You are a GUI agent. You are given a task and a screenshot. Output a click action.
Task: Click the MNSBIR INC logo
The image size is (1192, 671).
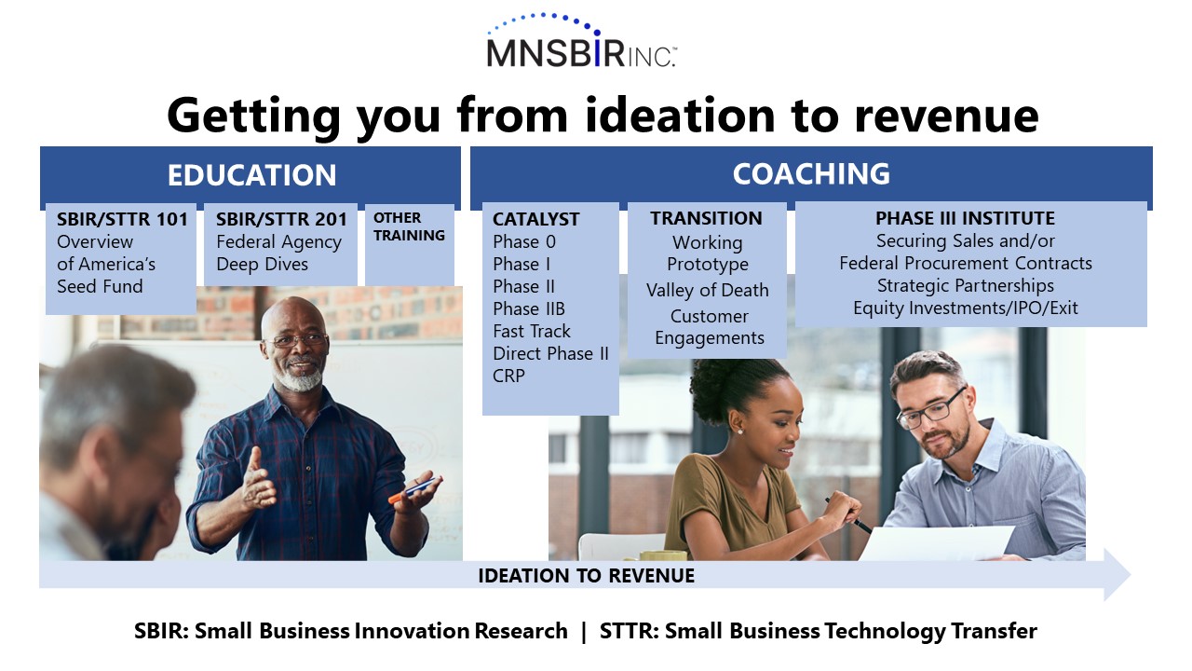tap(582, 41)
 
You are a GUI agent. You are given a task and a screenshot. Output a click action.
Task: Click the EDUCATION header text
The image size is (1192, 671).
tap(251, 175)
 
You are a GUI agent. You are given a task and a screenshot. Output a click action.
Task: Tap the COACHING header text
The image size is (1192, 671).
tap(811, 173)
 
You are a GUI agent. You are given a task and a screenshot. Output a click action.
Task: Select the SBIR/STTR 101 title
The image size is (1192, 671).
tap(122, 219)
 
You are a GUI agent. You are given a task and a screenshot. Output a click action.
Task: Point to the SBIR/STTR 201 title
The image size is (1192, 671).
tap(281, 219)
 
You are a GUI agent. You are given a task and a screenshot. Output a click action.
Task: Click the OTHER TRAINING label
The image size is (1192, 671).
tap(409, 226)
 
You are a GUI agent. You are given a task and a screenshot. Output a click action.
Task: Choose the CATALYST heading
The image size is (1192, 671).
tap(535, 219)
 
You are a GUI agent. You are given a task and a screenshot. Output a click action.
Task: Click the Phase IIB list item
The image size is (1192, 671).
tap(528, 308)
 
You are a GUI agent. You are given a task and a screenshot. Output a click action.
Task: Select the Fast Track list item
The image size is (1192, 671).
tap(531, 331)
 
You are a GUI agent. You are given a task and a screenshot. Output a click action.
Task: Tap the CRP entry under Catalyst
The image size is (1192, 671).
tap(508, 376)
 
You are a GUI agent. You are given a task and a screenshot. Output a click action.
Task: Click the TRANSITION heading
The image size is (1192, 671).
tap(706, 218)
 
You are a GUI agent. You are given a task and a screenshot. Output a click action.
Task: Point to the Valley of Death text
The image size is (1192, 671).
tap(707, 290)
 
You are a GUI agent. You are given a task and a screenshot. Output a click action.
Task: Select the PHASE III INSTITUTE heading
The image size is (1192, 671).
tap(965, 218)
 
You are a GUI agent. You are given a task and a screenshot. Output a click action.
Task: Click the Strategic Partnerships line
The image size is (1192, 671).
tap(966, 286)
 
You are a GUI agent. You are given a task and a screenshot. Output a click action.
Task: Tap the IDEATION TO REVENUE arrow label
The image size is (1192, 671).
tap(586, 576)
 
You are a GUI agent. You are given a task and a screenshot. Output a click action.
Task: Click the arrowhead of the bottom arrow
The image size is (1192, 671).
tap(1118, 575)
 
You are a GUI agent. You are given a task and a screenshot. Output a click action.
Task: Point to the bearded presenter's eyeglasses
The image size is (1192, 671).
tap(296, 340)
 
